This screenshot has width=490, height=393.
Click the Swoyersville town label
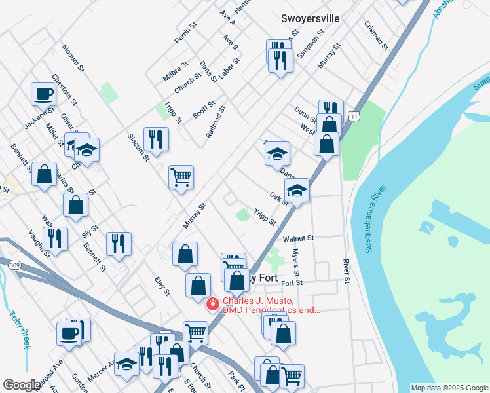point(311,18)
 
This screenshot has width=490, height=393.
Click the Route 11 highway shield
point(354,116)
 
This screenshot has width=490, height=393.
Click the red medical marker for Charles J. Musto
point(212,305)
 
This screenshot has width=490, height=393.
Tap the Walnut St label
point(299,238)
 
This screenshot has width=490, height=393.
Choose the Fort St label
point(292,283)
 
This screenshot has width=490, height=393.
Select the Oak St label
point(278,198)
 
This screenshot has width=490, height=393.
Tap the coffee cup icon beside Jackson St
point(44,94)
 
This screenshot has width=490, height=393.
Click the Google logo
point(22,385)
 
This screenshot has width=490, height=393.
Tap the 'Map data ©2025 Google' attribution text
point(449,388)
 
